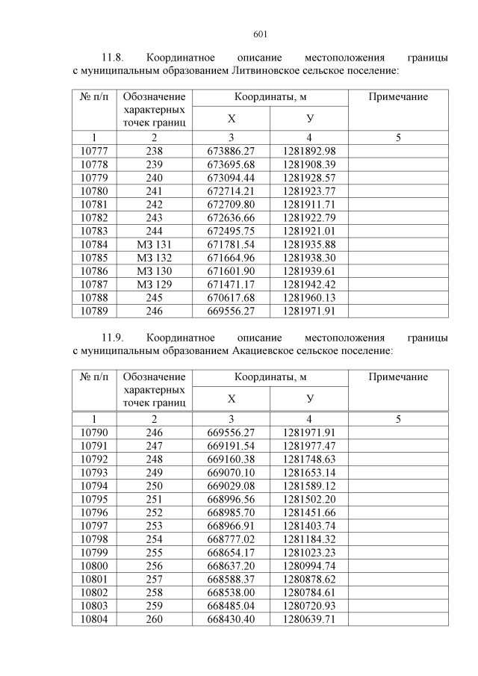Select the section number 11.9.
[113, 337]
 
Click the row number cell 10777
[94, 151]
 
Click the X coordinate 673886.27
[231, 151]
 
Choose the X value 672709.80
[231, 204]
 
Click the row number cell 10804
[94, 618]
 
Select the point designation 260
[154, 618]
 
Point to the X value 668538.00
[231, 592]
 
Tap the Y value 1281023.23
[309, 552]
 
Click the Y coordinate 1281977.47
[309, 445]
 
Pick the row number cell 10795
[94, 498]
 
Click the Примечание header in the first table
[398, 97]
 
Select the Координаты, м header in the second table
[270, 377]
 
